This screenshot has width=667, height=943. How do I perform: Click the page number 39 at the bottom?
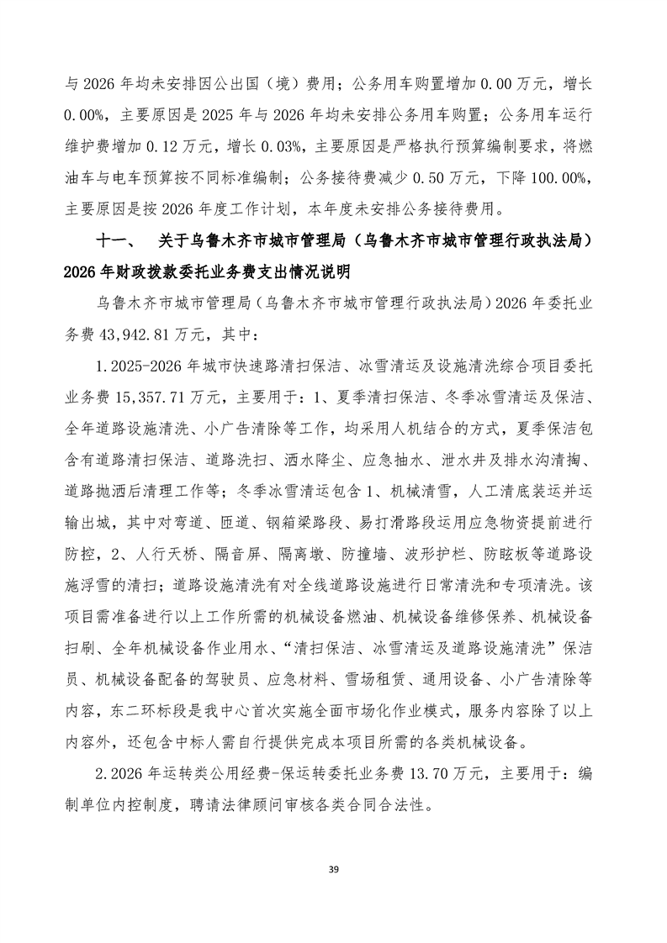coord(333,868)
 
